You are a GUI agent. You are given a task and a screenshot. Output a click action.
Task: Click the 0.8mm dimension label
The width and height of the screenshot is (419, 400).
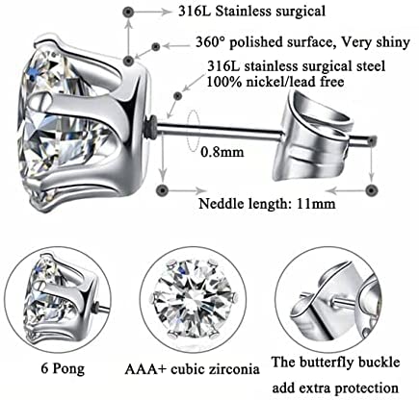pyautogui.click(x=223, y=152)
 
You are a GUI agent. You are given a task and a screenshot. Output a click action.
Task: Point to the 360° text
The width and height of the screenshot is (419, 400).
pyautogui.click(x=210, y=42)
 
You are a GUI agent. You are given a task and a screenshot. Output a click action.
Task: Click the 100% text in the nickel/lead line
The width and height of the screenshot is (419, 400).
pyautogui.click(x=222, y=82)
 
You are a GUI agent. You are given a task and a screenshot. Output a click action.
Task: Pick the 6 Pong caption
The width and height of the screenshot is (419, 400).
pyautogui.click(x=63, y=369)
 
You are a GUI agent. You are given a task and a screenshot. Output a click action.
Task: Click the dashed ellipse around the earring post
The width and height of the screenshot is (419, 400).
pyautogui.click(x=193, y=131)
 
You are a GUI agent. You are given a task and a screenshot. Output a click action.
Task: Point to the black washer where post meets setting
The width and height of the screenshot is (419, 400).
pyautogui.click(x=152, y=127)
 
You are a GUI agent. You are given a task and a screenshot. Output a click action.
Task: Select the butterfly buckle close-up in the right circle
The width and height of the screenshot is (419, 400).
pyautogui.click(x=329, y=299)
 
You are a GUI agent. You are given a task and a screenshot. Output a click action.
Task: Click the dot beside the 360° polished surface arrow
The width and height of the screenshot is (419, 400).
pyautogui.click(x=156, y=47)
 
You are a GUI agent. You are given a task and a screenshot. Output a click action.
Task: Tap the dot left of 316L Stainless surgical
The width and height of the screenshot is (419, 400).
pyautogui.click(x=128, y=12)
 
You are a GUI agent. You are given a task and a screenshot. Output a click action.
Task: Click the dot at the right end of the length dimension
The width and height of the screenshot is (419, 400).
pyautogui.click(x=372, y=190)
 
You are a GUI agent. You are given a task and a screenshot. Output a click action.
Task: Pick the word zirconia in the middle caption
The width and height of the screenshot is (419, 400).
pyautogui.click(x=234, y=369)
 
